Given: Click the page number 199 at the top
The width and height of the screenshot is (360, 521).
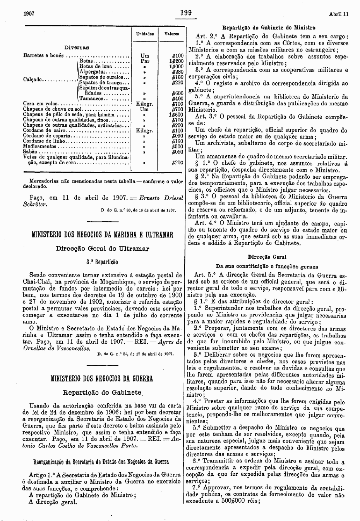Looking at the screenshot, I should click(x=186, y=13).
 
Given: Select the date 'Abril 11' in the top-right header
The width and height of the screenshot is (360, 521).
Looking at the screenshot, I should click(x=339, y=14).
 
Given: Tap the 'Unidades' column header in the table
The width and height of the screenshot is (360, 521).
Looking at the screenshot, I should click(x=145, y=34).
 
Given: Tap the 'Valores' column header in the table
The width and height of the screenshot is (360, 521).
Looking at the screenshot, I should click(x=171, y=34).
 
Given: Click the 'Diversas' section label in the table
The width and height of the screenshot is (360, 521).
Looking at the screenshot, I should click(x=77, y=48).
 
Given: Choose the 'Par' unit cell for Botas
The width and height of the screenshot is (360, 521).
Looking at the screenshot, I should click(x=145, y=61).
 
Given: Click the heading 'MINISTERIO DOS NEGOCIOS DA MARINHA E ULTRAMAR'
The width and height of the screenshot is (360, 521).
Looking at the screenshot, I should click(x=102, y=235).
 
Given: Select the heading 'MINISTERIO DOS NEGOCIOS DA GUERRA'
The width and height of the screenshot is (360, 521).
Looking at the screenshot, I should click(x=102, y=378).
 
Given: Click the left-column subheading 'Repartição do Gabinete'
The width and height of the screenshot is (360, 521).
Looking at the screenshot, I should click(x=102, y=392).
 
